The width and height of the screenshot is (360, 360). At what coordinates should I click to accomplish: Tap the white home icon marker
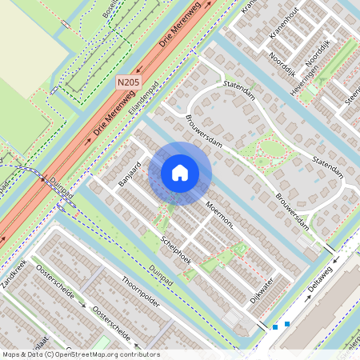180,173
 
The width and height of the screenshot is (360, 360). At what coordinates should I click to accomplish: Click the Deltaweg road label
320,279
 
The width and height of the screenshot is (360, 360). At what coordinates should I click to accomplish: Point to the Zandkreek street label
14,274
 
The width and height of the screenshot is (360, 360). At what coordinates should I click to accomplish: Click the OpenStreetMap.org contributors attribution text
104,354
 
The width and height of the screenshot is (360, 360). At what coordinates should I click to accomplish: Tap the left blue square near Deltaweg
275,326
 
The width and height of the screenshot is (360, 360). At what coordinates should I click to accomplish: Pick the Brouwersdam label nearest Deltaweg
291,208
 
